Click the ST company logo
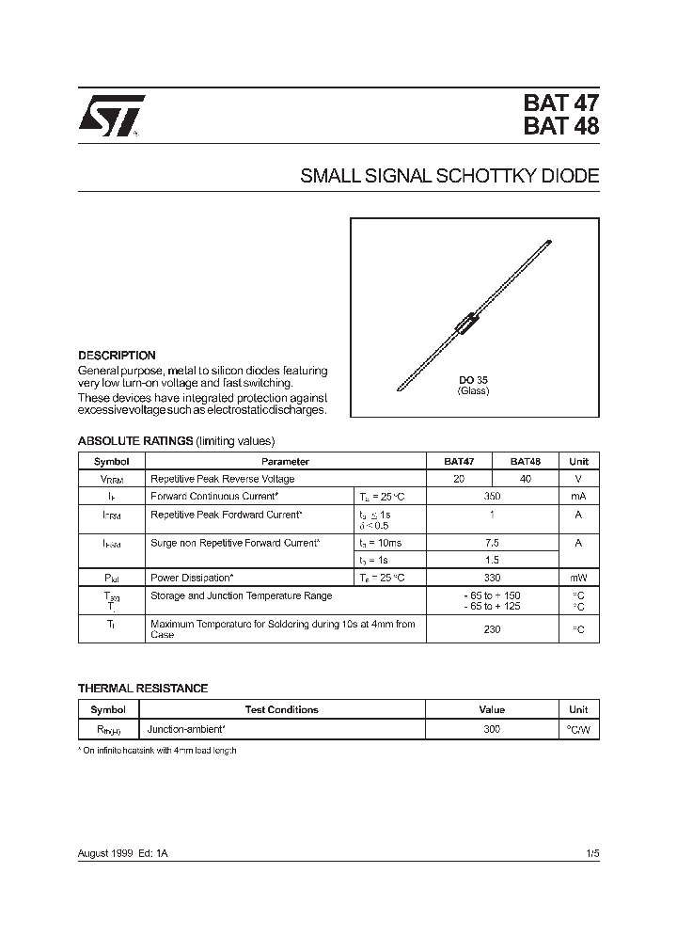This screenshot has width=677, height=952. point(111,117)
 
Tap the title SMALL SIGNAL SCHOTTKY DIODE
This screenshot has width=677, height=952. point(449,176)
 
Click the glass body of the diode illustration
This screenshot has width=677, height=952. point(467,325)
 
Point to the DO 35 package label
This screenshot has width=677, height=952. point(473,380)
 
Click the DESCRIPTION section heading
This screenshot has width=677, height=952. point(117,356)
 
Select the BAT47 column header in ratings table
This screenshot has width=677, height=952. point(459,462)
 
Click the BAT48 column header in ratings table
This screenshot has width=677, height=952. point(525,462)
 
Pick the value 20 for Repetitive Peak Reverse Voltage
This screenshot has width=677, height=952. point(459,479)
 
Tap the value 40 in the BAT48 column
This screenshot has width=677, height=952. point(525,479)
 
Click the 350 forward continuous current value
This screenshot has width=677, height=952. point(492,496)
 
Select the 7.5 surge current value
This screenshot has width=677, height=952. point(492,543)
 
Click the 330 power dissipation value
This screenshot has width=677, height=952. point(492,578)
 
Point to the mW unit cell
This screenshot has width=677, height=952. point(578,578)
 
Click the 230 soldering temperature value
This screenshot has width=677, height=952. point(492,629)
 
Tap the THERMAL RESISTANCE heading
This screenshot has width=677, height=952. point(142,689)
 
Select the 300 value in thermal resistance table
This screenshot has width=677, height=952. point(492,729)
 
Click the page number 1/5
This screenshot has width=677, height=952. point(591,852)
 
